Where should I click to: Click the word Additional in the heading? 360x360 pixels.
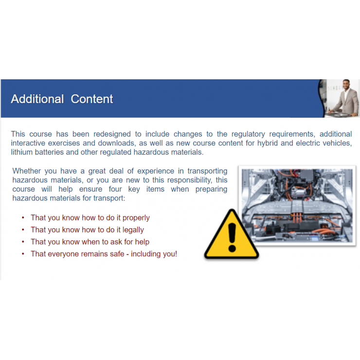pyautogui.click(x=37, y=99)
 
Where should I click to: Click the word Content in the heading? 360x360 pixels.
pyautogui.click(x=92, y=99)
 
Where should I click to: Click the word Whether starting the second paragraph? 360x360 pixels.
pyautogui.click(x=27, y=171)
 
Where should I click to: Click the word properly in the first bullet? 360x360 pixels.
pyautogui.click(x=136, y=218)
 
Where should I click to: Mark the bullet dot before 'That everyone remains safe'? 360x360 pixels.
pyautogui.click(x=23, y=254)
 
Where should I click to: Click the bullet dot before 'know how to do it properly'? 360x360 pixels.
pyautogui.click(x=23, y=218)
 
